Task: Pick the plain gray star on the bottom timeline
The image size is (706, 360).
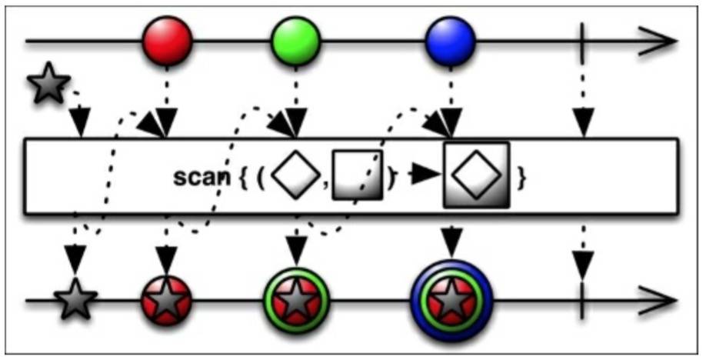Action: click(75, 301)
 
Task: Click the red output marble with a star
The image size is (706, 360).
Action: click(166, 301)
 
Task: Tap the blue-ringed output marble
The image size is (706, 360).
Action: click(451, 300)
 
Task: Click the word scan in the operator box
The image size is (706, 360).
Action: click(201, 176)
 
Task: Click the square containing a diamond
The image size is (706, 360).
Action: click(476, 176)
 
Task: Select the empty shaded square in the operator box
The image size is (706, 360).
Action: click(357, 176)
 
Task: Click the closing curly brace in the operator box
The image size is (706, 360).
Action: click(522, 177)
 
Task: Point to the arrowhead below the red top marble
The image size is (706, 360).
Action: click(166, 122)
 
